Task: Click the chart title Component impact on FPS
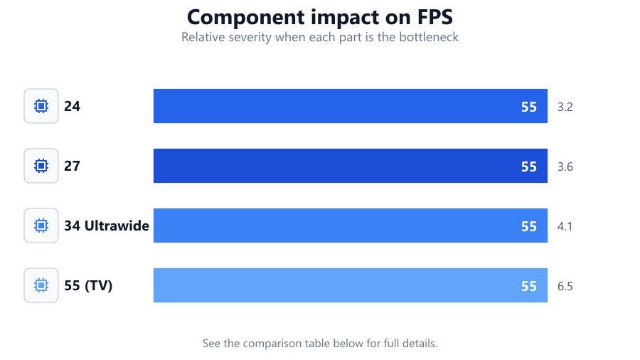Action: (x=320, y=17)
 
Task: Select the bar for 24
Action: (x=350, y=106)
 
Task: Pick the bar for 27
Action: (x=350, y=166)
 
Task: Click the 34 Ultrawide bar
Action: (x=350, y=226)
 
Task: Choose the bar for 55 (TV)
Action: (x=350, y=285)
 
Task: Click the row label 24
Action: (x=73, y=106)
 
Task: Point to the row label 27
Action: (x=73, y=166)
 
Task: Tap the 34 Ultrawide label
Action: (x=107, y=226)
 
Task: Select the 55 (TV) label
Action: (x=88, y=285)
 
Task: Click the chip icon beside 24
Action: (x=41, y=106)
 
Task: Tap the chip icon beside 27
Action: (x=41, y=166)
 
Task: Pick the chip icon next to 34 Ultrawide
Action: (x=41, y=226)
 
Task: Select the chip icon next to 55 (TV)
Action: (x=41, y=285)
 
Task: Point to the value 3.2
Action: (x=565, y=107)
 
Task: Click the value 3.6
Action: (x=565, y=166)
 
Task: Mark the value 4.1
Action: (x=565, y=226)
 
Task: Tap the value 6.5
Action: (x=565, y=286)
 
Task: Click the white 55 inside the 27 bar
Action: (x=529, y=166)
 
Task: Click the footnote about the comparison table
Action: (x=320, y=343)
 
